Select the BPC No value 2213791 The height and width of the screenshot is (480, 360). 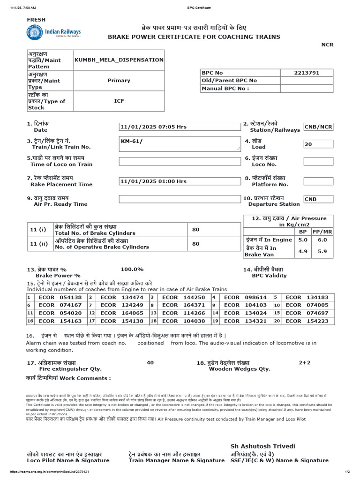[x=307, y=73]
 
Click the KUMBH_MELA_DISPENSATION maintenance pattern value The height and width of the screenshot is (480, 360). [x=119, y=60]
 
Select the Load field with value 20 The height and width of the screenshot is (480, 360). [x=318, y=144]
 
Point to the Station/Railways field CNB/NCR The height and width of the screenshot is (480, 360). [x=318, y=127]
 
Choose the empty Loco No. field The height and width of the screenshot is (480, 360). [x=318, y=161]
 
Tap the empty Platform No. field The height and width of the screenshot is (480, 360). [x=318, y=181]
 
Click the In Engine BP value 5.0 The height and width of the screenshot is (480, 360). [x=303, y=240]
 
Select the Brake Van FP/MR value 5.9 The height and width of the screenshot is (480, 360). [x=322, y=251]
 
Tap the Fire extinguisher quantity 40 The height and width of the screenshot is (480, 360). [x=150, y=362]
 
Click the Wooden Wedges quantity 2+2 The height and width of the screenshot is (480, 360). [x=305, y=362]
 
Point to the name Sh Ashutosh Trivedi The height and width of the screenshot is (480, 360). [x=262, y=446]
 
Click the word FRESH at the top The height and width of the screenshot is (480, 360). [x=36, y=20]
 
